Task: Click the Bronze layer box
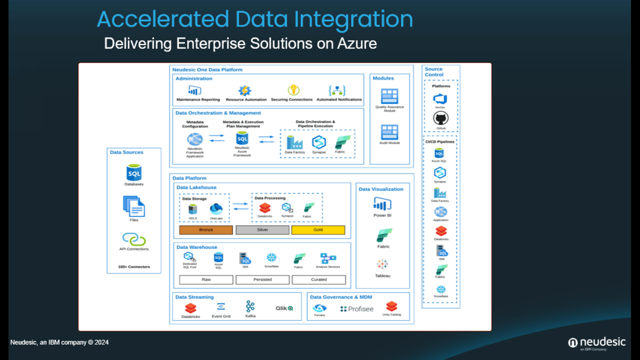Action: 206,230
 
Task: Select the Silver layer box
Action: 262,230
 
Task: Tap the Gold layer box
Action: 318,230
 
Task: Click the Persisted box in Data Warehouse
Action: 262,279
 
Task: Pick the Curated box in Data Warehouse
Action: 318,279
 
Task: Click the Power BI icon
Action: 382,204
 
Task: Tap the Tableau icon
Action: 382,264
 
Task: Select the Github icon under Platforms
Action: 440,118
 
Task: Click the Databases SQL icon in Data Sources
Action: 134,173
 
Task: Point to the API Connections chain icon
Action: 134,239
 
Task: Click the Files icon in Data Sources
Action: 134,206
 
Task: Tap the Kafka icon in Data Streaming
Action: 250,306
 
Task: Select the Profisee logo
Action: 357,309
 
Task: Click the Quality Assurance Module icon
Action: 389,96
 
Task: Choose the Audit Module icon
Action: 389,132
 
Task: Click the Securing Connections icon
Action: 293,90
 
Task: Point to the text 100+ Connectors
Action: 134,267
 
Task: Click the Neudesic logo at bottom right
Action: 597,343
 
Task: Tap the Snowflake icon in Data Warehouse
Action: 271,257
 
